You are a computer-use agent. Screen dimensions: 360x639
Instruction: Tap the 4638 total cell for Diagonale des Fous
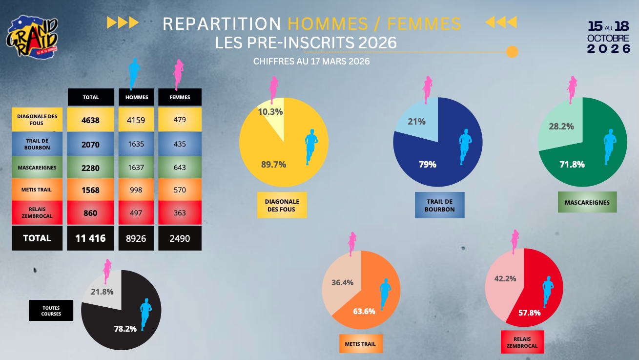(x=91, y=120)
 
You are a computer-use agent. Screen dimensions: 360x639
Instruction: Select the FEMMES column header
(x=180, y=97)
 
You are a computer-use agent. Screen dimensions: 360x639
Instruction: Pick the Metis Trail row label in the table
(x=37, y=190)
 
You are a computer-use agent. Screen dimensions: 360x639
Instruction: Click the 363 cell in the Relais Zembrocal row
(x=180, y=213)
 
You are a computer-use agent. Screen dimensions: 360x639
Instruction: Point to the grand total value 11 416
(x=91, y=238)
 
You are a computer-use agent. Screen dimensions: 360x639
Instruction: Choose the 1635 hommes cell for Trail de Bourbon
(x=136, y=144)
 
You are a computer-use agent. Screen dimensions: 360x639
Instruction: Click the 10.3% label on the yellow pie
(x=270, y=111)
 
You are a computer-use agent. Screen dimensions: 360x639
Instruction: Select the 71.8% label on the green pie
(x=572, y=164)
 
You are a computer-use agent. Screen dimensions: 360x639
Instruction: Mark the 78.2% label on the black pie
(x=125, y=329)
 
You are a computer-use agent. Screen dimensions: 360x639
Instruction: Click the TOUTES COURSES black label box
(x=51, y=310)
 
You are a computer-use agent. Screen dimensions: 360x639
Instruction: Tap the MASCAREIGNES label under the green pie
(x=587, y=202)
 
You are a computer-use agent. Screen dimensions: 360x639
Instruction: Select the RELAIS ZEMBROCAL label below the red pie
(x=522, y=342)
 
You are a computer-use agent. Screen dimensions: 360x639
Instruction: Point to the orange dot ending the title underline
(x=512, y=51)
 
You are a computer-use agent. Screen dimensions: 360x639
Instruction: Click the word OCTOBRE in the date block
(x=608, y=38)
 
